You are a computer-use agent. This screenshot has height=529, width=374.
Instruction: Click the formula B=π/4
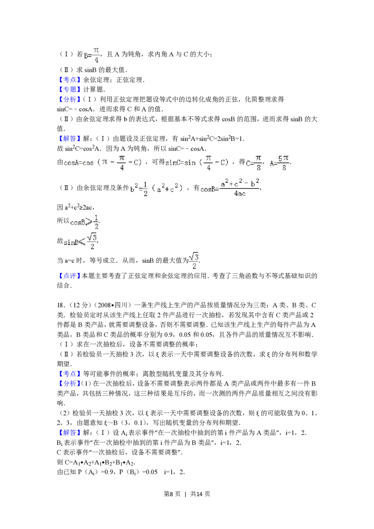(92, 55)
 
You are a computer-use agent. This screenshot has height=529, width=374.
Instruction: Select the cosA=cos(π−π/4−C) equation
(103, 163)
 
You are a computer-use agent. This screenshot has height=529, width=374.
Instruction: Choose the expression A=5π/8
(280, 163)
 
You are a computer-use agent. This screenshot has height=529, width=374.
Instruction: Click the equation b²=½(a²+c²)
(157, 189)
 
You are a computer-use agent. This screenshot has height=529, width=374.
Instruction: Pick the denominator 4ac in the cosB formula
(239, 193)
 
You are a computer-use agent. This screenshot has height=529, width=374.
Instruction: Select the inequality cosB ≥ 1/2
(84, 222)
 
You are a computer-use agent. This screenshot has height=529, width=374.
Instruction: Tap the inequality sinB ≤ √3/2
(79, 241)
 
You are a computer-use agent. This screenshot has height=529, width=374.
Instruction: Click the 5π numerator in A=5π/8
(283, 158)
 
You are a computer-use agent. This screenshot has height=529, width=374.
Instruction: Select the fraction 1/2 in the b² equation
(146, 189)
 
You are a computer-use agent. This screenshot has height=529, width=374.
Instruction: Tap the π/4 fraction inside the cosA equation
(122, 163)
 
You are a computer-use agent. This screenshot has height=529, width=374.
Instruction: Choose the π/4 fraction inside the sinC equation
(209, 163)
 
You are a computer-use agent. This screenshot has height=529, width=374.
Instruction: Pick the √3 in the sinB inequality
(92, 237)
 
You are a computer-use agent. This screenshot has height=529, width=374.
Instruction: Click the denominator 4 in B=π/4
(96, 59)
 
